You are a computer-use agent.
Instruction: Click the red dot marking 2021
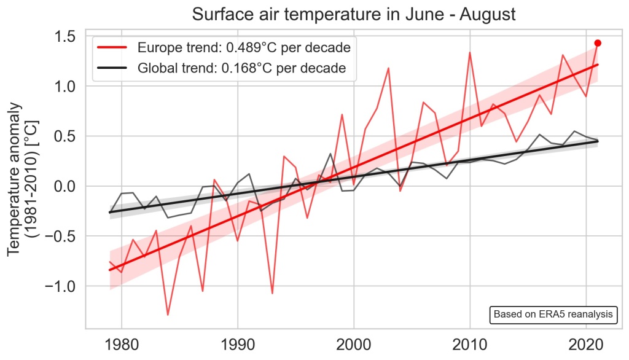pos(598,43)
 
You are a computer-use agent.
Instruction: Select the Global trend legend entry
pos(242,68)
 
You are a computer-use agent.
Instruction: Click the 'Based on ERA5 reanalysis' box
pos(553,315)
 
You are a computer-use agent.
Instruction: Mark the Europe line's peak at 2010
pos(470,53)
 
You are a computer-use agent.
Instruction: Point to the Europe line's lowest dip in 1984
pos(168,314)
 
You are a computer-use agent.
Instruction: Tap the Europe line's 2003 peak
pos(389,68)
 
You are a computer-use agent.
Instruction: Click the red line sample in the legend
pos(113,47)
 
